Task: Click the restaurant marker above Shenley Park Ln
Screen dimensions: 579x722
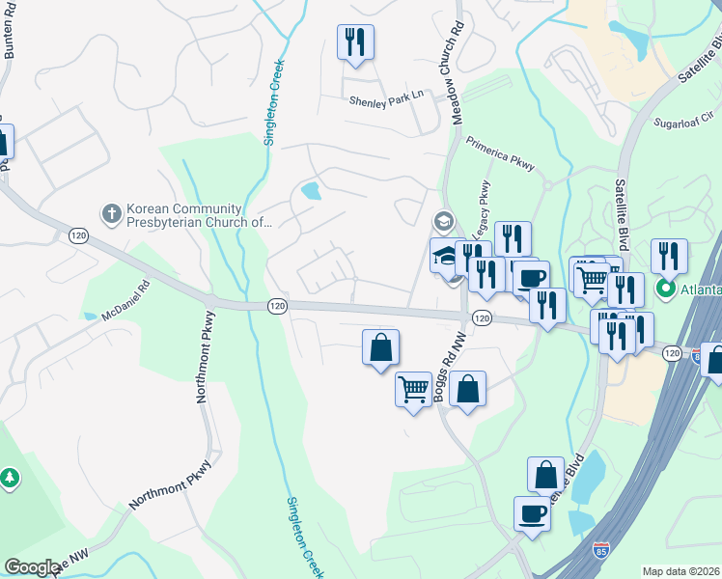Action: coord(355,42)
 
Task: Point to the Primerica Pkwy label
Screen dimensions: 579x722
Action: coord(499,147)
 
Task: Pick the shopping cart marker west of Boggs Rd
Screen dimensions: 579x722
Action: coord(413,391)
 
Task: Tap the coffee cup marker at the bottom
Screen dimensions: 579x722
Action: coord(531,513)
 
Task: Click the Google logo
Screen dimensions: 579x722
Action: coord(32,567)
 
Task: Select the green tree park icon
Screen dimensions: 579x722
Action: coord(9,478)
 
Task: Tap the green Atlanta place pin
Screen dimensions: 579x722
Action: coord(665,289)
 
